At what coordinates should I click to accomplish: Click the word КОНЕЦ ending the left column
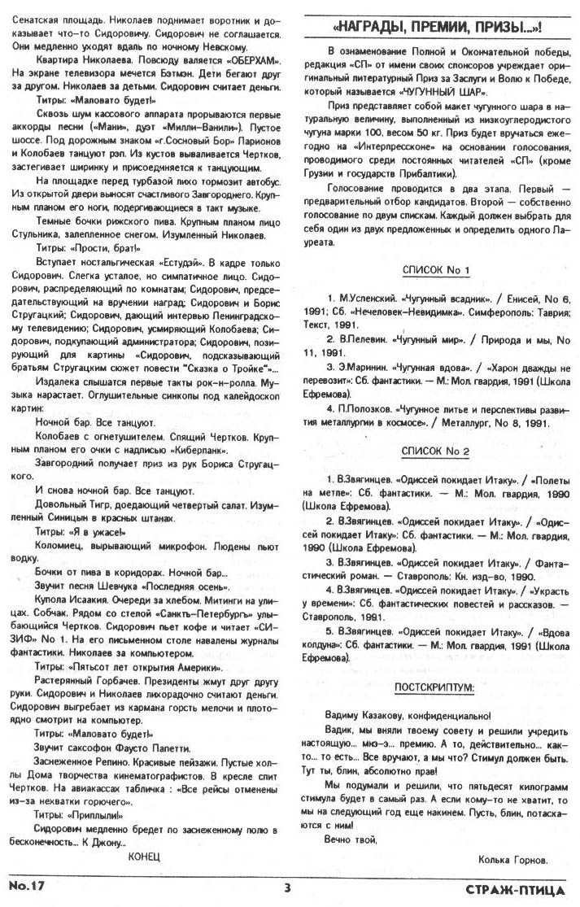[145, 857]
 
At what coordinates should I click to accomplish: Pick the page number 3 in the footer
[287, 887]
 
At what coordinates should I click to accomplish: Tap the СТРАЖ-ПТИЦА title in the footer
[517, 889]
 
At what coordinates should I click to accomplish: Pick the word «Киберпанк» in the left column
[200, 448]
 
